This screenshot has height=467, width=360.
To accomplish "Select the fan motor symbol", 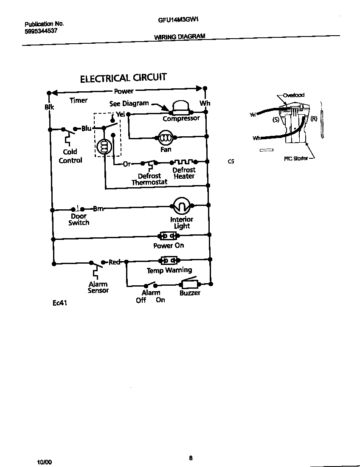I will coord(165,138).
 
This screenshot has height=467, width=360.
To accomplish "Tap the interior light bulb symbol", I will coord(181,206).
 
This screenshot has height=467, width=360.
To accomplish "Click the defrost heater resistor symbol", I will coord(184,162).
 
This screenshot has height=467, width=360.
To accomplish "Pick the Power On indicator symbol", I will coord(168,236).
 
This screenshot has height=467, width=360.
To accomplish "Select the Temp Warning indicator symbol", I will coord(168,260).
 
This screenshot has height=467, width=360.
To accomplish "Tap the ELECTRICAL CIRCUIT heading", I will coord(123,78).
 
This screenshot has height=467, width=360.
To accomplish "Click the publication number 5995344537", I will coord(41,31).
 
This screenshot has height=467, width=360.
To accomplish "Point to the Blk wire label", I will coord(49,107).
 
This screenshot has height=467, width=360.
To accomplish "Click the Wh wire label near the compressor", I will coord(205,103).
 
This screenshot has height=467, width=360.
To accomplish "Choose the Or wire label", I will coord(127,164).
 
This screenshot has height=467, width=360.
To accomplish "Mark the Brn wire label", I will coord(98,208).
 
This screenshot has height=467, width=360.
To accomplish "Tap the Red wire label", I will coord(115,262).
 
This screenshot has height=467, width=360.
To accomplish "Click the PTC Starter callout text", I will coord(296,159).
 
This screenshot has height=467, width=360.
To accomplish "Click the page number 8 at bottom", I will coord(191,458).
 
